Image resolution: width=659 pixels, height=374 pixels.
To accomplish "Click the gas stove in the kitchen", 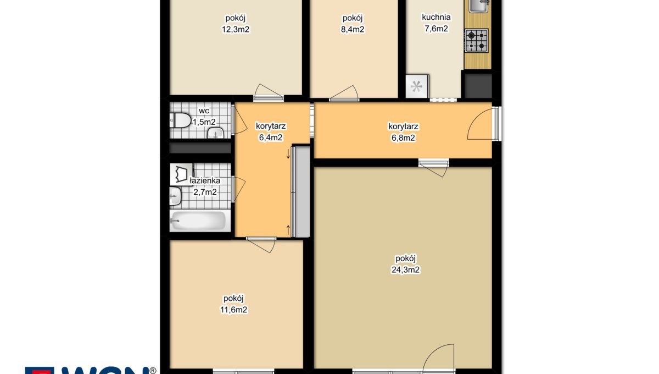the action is coord(476,41).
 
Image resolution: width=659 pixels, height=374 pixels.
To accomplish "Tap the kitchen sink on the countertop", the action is coord(479,6).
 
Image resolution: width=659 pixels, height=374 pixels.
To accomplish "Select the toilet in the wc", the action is coord(180,120).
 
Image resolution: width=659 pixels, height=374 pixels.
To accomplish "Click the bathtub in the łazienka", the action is coord(200,221).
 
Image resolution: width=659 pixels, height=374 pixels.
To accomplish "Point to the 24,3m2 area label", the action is coord(405,269).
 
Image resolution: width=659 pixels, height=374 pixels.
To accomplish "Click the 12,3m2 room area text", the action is coord(236,30).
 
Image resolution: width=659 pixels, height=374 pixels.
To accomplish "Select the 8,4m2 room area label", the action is coord(353,30).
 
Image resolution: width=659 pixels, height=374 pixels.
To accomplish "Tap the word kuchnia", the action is coord(436,17).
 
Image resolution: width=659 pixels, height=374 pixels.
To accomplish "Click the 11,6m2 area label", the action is coord(233,310).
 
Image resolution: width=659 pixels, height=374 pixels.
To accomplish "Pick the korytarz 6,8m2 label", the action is coord(403,132).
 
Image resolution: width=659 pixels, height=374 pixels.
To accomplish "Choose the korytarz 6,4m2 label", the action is coord(271,132).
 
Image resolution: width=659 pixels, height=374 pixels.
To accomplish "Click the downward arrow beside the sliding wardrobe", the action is coord(288,153).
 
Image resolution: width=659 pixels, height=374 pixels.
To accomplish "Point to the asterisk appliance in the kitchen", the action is coord(417,86).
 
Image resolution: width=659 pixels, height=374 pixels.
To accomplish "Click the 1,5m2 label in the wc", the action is coord(204,122).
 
